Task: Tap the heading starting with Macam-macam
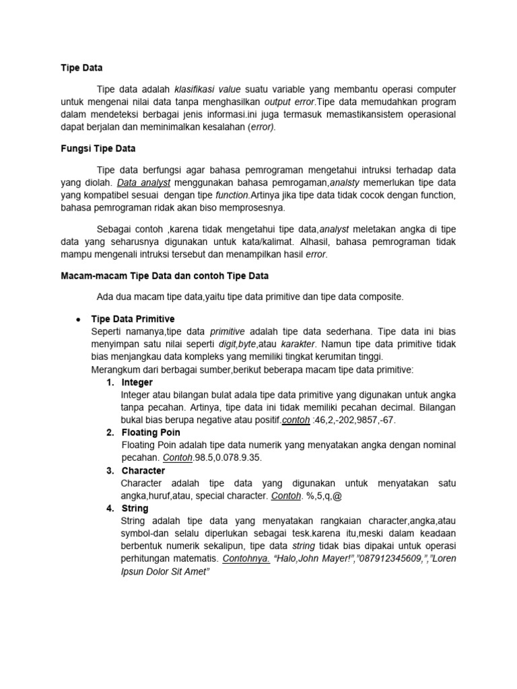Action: pos(165,276)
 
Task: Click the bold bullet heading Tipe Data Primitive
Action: pos(133,319)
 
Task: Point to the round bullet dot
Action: pos(79,319)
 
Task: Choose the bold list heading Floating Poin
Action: pos(151,433)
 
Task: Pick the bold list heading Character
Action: pos(143,471)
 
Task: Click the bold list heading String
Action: pos(135,509)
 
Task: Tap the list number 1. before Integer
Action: pos(110,382)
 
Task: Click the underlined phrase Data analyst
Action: pos(144,183)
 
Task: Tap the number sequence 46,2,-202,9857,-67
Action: pos(354,420)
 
